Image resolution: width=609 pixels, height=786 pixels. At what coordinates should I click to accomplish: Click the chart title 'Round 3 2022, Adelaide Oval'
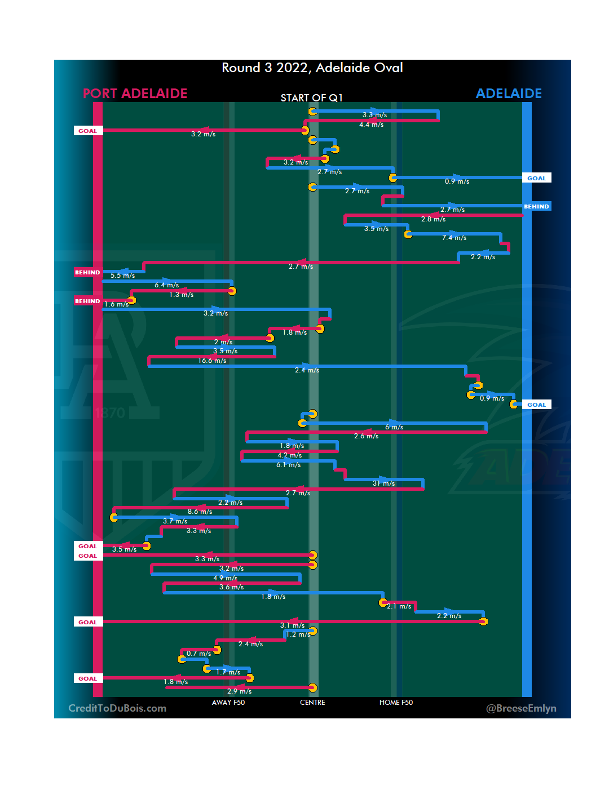click(x=312, y=68)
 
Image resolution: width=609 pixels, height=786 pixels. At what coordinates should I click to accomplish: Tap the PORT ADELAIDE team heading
click(x=135, y=94)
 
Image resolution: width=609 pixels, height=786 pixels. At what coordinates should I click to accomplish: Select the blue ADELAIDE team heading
click(x=509, y=94)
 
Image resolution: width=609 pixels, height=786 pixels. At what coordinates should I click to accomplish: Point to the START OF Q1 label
click(x=311, y=98)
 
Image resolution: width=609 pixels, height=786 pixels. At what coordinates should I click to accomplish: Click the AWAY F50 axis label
click(x=228, y=703)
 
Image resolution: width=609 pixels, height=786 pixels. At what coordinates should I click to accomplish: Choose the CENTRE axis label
click(x=312, y=703)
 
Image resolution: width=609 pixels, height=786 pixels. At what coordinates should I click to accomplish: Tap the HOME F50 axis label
click(x=396, y=703)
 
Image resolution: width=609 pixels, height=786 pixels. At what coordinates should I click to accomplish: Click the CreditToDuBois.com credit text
click(x=117, y=708)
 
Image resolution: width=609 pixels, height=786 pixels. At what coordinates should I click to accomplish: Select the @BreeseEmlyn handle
click(x=521, y=708)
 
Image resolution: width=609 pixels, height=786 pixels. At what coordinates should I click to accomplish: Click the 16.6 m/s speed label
click(x=212, y=361)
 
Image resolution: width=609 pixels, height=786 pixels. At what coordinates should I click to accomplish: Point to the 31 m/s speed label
click(x=383, y=483)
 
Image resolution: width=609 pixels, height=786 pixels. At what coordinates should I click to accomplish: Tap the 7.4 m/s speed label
click(x=454, y=238)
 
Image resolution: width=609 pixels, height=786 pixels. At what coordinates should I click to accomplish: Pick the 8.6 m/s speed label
click(x=200, y=512)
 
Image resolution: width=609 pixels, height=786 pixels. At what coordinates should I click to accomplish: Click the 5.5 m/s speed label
click(x=122, y=276)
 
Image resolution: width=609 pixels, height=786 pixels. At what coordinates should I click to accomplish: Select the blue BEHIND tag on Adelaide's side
click(x=536, y=207)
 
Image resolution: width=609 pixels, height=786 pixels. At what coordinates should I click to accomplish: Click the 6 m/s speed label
click(x=394, y=427)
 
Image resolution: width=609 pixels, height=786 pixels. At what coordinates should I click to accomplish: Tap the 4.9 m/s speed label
click(x=225, y=578)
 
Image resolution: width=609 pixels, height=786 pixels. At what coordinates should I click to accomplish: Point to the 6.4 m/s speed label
click(x=166, y=285)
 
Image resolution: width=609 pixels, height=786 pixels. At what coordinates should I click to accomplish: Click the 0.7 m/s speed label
click(x=198, y=654)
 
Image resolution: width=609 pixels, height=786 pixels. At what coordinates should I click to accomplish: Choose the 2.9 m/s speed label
click(x=239, y=691)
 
